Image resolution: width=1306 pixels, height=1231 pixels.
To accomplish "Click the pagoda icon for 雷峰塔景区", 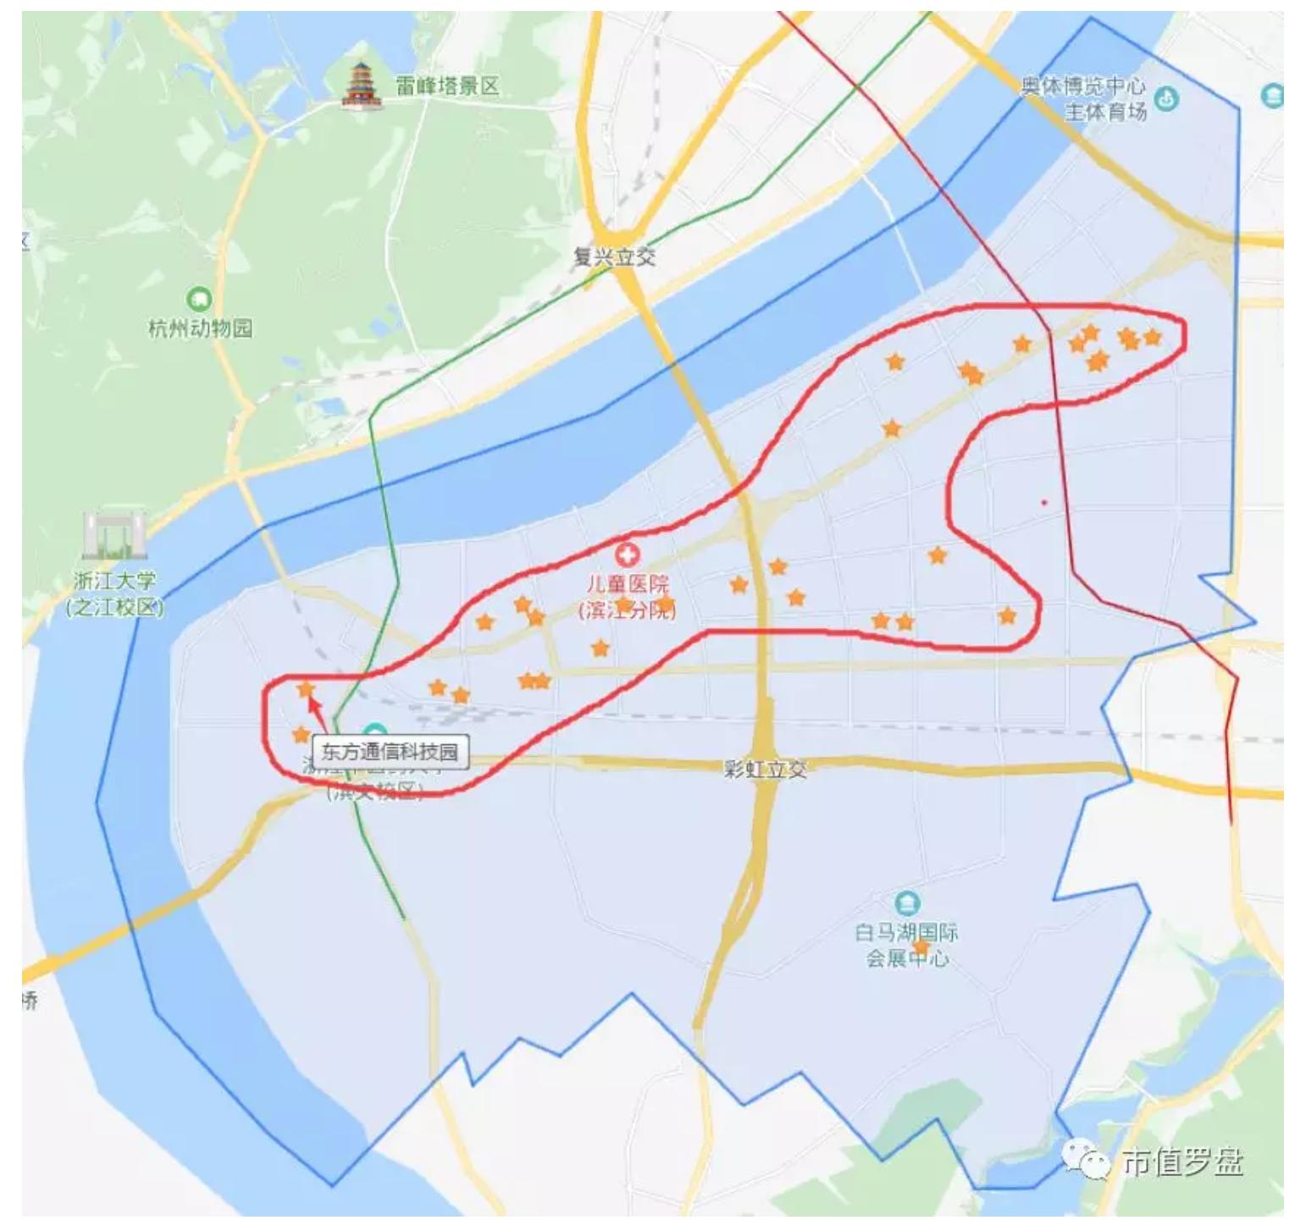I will (x=362, y=86).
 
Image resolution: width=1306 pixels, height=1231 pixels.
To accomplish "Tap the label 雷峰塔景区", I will (x=447, y=86).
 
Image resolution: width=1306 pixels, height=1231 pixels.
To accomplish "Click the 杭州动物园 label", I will (x=200, y=328).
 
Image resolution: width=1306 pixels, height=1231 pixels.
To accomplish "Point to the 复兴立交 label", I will (x=614, y=257).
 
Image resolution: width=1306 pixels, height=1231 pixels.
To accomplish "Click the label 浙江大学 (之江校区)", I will (x=114, y=594).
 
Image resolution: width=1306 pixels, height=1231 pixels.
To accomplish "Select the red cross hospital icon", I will (x=627, y=555).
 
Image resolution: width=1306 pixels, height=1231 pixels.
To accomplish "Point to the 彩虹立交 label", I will (x=766, y=769).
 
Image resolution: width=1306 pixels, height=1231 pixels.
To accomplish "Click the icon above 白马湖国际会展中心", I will (x=907, y=903).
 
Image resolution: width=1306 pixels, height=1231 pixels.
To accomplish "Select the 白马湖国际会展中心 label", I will (x=906, y=945).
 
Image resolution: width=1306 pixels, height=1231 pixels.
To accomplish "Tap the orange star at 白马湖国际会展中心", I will (x=921, y=947).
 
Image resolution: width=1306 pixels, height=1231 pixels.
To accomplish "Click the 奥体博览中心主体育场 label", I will (x=1084, y=98).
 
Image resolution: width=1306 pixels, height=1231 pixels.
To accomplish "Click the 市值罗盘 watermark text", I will (x=1183, y=1162).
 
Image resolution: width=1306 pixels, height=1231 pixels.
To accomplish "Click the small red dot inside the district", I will (x=1044, y=502).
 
